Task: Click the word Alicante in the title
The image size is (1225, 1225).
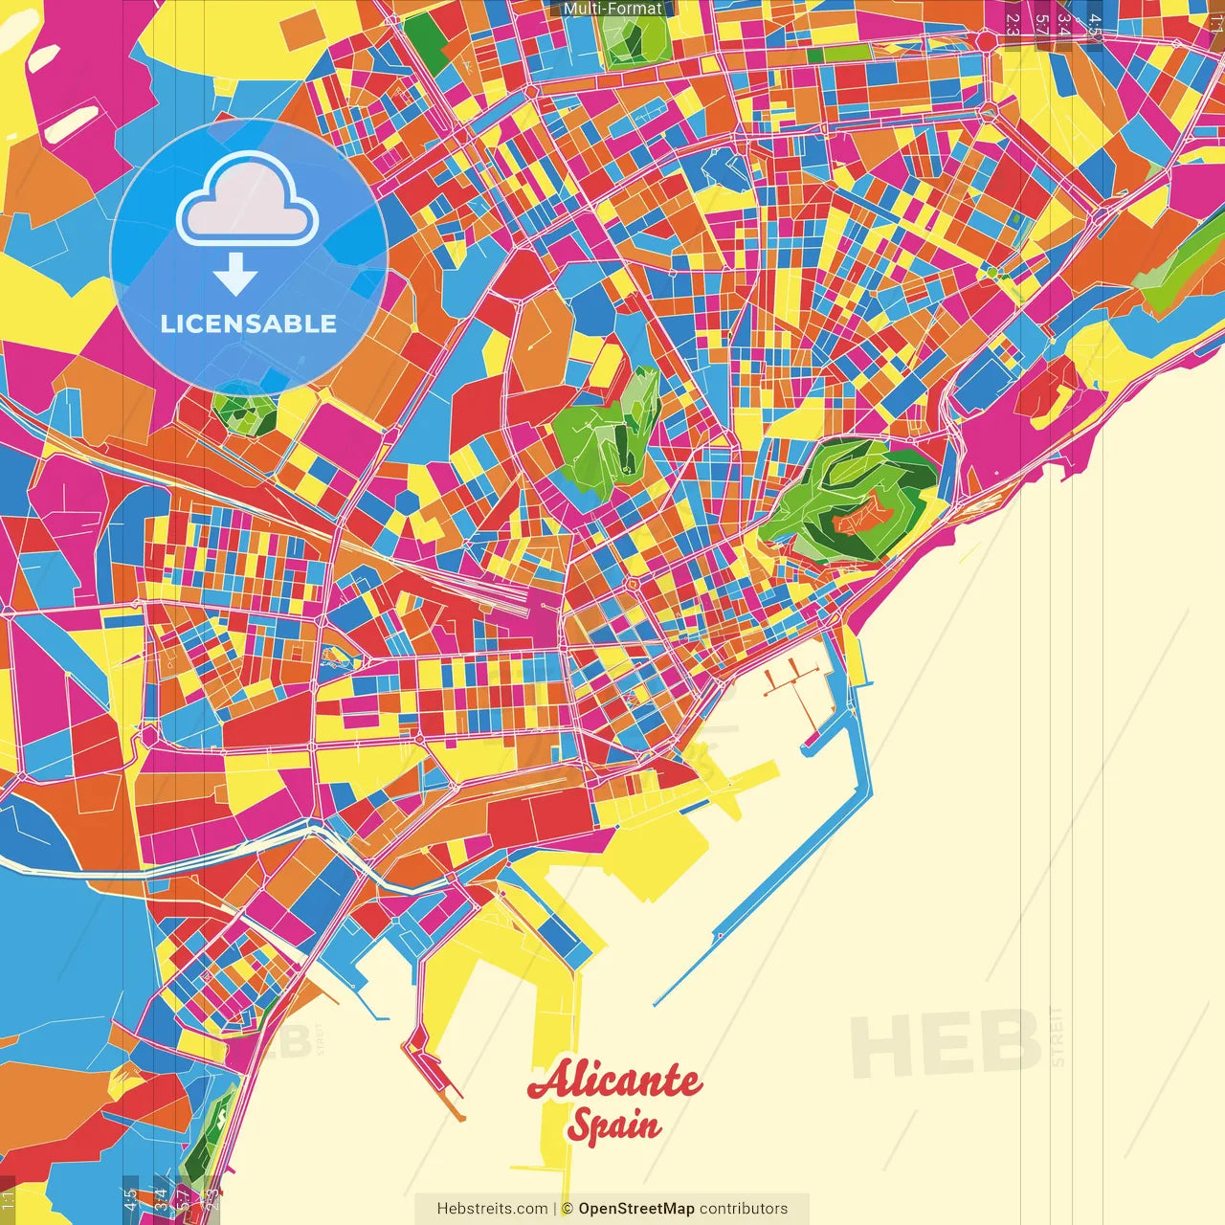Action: (x=614, y=1081)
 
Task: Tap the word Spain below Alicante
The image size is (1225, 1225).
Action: (x=613, y=1125)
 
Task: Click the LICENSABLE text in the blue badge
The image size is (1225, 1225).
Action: (x=249, y=323)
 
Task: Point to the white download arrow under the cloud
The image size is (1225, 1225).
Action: (x=235, y=276)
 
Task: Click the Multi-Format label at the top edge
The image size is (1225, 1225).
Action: (x=612, y=9)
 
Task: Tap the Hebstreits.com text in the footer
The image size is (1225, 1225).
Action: (x=492, y=1209)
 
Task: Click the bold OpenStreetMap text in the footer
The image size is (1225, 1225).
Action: (x=636, y=1209)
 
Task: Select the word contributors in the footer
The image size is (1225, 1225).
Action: (x=744, y=1209)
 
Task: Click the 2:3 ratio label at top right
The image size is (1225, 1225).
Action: (x=1013, y=24)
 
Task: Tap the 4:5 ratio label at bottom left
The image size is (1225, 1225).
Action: (x=130, y=1200)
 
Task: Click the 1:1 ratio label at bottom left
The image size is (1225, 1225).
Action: (x=8, y=1200)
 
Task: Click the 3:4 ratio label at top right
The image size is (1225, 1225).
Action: (x=1063, y=24)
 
